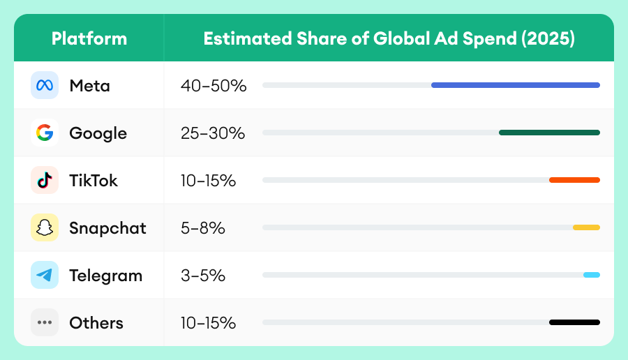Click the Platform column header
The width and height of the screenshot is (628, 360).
tap(89, 38)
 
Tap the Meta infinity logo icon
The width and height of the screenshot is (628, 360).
tap(45, 86)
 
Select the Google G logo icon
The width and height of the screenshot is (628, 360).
tap(45, 133)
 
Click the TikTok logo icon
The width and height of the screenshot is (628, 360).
tap(45, 180)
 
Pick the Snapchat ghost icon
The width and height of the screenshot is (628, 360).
tap(45, 227)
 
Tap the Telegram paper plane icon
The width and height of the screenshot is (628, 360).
tap(45, 275)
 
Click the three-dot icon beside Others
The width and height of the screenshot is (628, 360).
tap(45, 322)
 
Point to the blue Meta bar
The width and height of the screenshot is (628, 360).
tap(515, 85)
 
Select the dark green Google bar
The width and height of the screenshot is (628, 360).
tap(549, 133)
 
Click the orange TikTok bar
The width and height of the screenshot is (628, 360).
tap(574, 180)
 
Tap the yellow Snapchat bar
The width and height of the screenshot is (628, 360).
tap(586, 227)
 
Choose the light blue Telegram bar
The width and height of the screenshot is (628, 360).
tap(592, 275)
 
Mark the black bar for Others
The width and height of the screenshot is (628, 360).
tap(574, 322)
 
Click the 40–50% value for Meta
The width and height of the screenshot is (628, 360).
tap(214, 86)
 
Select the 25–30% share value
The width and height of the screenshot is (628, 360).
tap(212, 133)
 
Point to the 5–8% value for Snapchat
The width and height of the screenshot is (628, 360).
tap(202, 228)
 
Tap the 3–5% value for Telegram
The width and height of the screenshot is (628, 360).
tap(202, 276)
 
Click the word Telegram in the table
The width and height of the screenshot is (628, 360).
tap(105, 276)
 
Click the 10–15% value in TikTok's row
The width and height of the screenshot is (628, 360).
tap(208, 181)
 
